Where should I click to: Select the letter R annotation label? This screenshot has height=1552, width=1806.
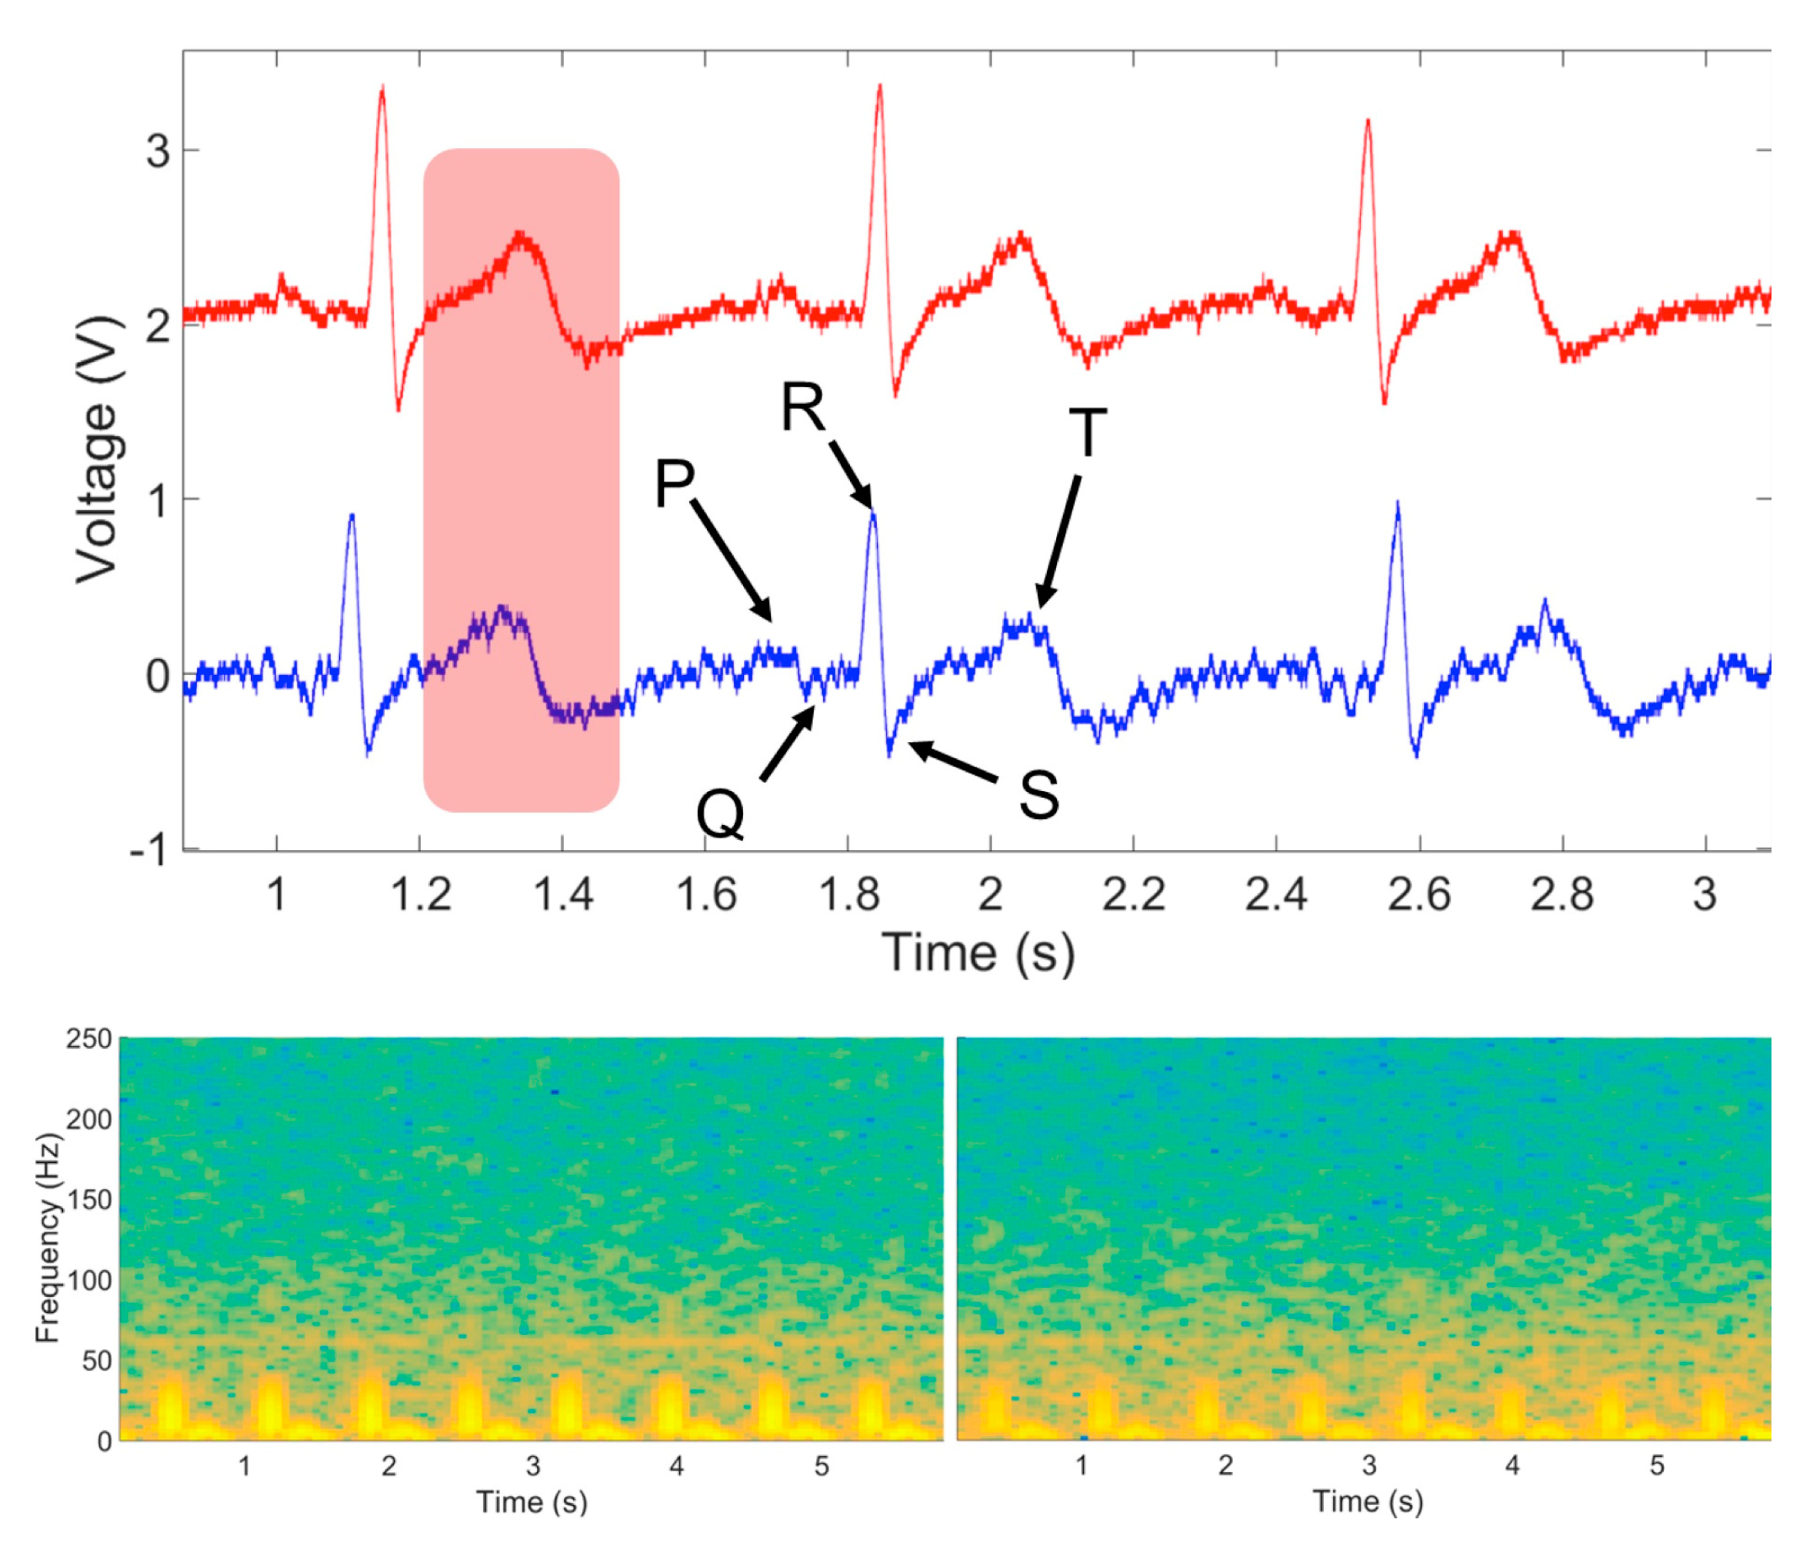click(802, 407)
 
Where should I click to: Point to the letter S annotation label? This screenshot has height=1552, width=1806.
click(1039, 795)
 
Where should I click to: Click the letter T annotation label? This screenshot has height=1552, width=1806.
click(1087, 433)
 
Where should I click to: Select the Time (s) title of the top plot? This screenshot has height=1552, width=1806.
click(978, 951)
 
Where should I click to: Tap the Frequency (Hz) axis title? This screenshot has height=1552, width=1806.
click(47, 1237)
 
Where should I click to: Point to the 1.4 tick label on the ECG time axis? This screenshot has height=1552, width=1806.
click(562, 895)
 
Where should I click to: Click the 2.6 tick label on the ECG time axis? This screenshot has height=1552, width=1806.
click(1419, 895)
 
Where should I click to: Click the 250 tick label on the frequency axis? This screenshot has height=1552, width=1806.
click(90, 1039)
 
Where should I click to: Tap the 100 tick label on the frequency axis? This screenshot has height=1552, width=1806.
click(90, 1281)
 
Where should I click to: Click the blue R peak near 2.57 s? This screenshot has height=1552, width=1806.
click(1398, 505)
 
